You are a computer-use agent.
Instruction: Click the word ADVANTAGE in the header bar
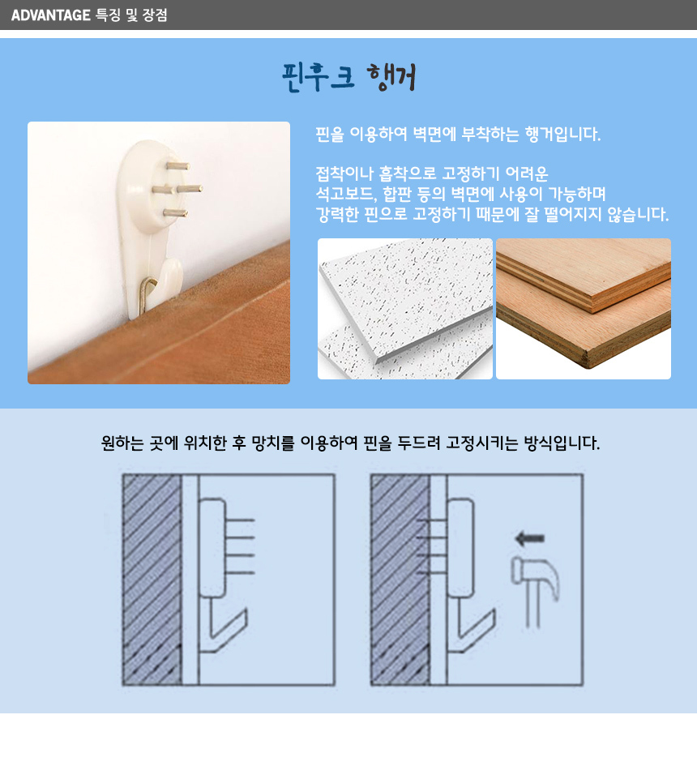(x=50, y=15)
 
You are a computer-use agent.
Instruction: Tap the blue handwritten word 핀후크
(x=319, y=77)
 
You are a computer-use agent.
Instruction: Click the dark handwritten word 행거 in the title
(x=391, y=77)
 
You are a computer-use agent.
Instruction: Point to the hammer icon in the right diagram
(x=535, y=592)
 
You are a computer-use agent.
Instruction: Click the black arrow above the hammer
(x=529, y=538)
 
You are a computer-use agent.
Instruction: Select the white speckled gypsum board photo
(x=405, y=309)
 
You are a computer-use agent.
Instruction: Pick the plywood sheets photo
(x=584, y=309)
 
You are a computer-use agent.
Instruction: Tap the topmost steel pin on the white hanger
(x=178, y=166)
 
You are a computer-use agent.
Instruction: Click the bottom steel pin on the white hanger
(x=175, y=212)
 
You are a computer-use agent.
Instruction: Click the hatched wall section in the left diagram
(x=152, y=580)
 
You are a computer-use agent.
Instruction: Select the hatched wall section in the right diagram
(x=400, y=580)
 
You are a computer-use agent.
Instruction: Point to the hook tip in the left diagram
(x=246, y=610)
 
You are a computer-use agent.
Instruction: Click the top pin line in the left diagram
(x=240, y=520)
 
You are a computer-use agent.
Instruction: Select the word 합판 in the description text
(x=397, y=194)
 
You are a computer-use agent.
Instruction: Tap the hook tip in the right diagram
(x=494, y=610)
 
